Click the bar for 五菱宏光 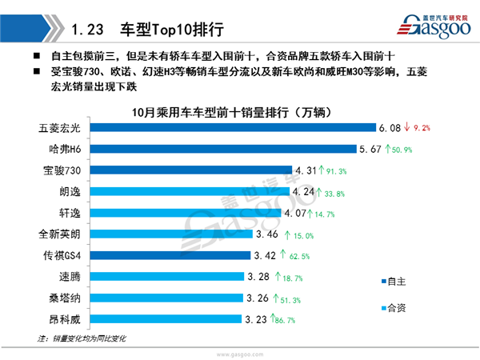tap(232, 127)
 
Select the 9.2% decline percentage tap(422, 127)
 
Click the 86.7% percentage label tap(286, 319)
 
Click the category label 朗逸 tap(70, 191)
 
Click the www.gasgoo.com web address tap(239, 353)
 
